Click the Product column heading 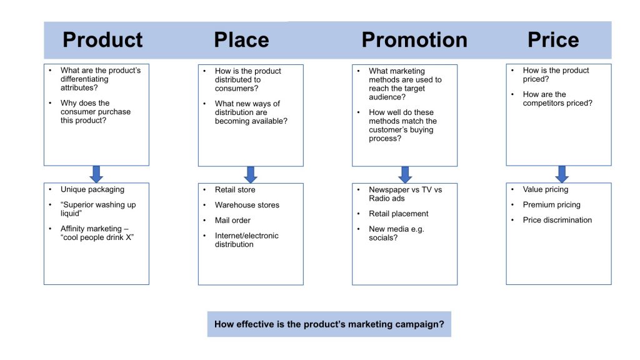(102, 40)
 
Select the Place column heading (241, 40)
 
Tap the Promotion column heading (414, 40)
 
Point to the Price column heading (553, 40)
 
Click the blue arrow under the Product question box (96, 174)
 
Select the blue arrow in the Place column (251, 174)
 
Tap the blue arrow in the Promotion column (405, 174)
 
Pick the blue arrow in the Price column (561, 174)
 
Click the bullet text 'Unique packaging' (92, 189)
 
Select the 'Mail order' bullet (232, 220)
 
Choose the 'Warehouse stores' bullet (247, 205)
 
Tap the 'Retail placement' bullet (398, 214)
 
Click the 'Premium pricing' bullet (551, 204)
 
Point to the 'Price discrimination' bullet (557, 220)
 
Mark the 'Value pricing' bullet (546, 189)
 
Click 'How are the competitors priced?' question (557, 99)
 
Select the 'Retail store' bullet (235, 189)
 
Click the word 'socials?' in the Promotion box (383, 237)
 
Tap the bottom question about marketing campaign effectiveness (329, 324)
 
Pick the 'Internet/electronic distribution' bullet (246, 240)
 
